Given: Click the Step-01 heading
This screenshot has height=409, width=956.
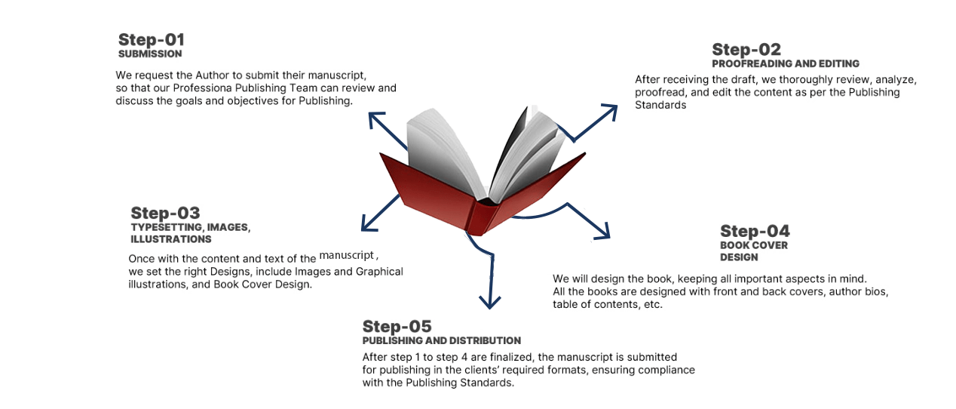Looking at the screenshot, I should click(x=151, y=39).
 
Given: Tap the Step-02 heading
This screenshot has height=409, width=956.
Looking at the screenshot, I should click(x=746, y=50).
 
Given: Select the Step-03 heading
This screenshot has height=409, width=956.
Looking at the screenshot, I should click(x=165, y=213).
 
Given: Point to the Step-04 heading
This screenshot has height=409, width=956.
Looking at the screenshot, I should click(x=755, y=231).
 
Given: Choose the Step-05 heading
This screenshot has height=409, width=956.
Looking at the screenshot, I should click(x=397, y=326).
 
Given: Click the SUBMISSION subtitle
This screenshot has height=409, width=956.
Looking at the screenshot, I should click(x=150, y=54).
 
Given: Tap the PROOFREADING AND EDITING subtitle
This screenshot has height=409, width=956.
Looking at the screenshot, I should click(x=785, y=64).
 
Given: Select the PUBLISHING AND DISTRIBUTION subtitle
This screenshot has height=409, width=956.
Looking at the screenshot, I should click(x=441, y=341).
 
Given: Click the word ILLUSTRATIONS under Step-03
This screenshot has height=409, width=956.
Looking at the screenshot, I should click(x=170, y=239).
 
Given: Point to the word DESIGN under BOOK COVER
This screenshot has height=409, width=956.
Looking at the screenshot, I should click(x=738, y=257).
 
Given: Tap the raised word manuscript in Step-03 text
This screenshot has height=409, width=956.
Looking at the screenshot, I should click(x=347, y=256).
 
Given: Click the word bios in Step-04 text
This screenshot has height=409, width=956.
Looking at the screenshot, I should click(x=876, y=291).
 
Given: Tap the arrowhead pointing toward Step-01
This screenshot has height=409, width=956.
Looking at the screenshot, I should click(x=374, y=119).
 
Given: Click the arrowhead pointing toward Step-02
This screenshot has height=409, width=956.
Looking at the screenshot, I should click(x=609, y=110).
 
